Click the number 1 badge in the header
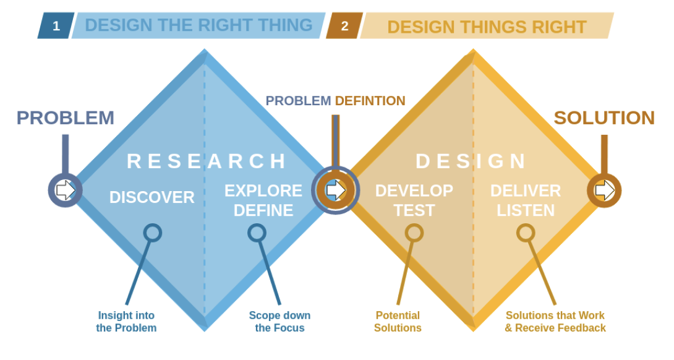(56, 26)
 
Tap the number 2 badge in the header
(345, 26)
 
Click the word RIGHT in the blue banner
(230, 25)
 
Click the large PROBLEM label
(66, 118)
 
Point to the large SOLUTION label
(604, 118)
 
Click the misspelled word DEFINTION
(370, 101)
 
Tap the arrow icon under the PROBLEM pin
(66, 190)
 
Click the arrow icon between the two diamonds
(336, 190)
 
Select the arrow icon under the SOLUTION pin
(605, 190)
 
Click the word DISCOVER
(151, 197)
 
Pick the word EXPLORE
(263, 191)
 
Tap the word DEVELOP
(414, 191)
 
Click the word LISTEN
(526, 210)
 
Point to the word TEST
(414, 210)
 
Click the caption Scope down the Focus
(280, 322)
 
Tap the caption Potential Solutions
(398, 322)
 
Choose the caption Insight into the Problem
(126, 322)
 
